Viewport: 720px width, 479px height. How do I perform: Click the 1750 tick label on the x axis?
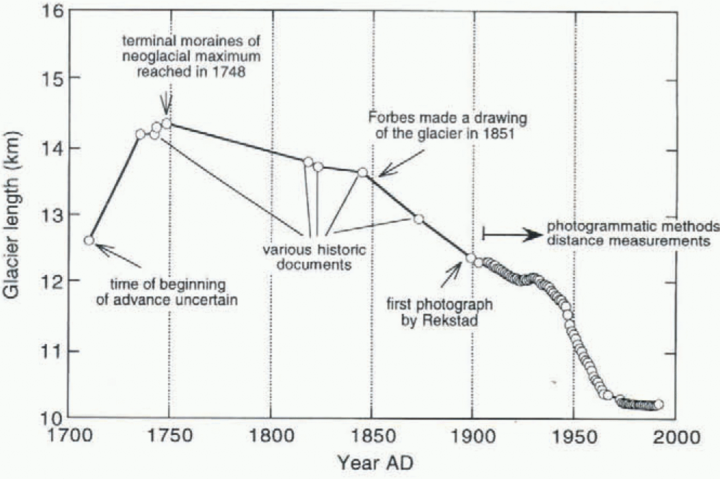point(168,437)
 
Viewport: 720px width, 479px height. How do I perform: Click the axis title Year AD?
point(375,463)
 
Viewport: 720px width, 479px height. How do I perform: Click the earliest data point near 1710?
point(89,240)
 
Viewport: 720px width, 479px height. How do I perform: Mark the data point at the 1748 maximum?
point(167,123)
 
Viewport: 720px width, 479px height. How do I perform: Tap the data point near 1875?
point(419,219)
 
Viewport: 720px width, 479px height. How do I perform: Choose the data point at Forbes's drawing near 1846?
point(363,172)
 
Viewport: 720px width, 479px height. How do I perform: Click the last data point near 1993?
point(659,404)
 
